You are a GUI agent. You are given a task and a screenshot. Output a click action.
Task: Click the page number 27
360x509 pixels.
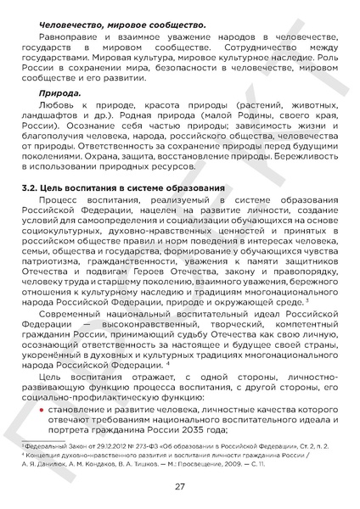click(180, 487)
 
